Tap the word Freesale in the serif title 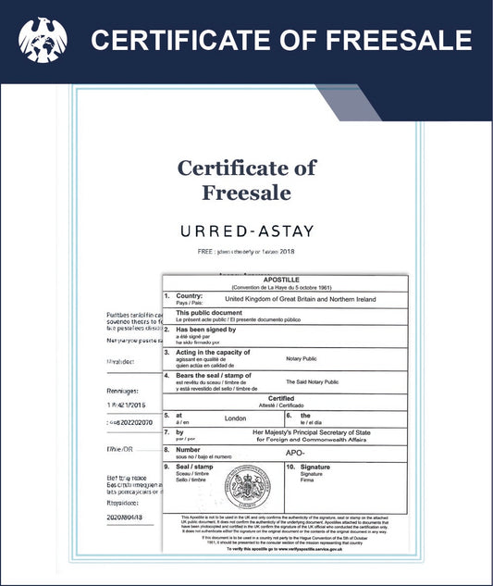(x=246, y=193)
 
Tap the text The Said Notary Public (x=312, y=381)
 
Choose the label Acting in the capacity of (x=214, y=352)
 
